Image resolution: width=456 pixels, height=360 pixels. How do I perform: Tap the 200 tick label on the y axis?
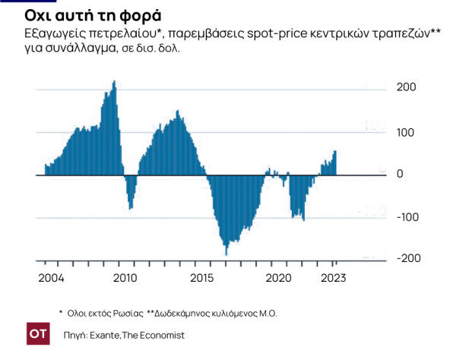coord(407,88)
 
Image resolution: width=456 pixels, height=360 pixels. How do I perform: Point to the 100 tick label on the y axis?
coord(407,133)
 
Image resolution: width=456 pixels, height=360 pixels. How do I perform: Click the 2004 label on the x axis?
coord(50,277)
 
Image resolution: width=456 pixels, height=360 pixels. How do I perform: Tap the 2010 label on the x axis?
coord(125,277)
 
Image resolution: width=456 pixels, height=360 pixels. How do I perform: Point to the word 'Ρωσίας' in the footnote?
coord(122,312)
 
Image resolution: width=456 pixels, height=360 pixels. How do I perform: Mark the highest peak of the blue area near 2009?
coord(114,81)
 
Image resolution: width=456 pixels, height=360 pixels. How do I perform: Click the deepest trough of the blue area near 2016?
coord(226,254)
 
